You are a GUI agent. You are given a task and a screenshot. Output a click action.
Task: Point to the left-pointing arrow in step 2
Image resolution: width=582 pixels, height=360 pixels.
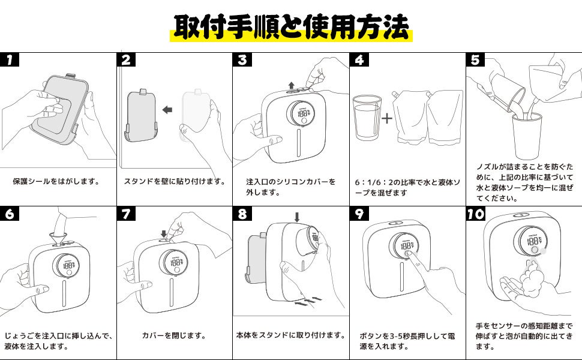(x=168, y=109)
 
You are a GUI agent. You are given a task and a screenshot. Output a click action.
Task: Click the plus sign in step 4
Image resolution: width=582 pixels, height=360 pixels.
(x=387, y=118)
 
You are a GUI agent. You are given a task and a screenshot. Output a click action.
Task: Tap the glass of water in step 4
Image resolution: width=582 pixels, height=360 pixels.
(x=367, y=118)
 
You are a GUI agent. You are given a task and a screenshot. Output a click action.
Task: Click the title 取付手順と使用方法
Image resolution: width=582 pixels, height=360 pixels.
(x=291, y=26)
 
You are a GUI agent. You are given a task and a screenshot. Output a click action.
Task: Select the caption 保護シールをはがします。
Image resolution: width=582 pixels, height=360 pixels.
(x=56, y=181)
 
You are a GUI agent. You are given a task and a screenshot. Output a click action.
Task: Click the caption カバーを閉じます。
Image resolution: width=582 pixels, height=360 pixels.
(x=174, y=336)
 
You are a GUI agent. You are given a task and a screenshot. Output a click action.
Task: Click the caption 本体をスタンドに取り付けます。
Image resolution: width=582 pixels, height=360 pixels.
(x=291, y=335)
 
